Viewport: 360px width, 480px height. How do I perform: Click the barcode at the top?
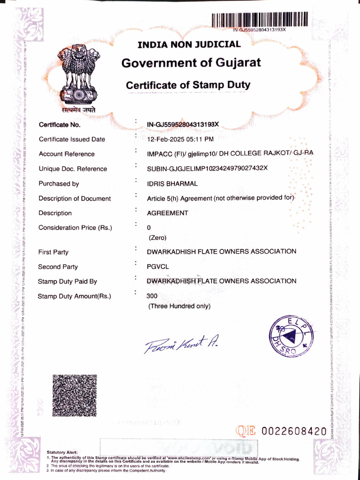click(x=260, y=20)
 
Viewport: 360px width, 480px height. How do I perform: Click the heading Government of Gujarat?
click(x=191, y=63)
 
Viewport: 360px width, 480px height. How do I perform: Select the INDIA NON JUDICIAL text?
click(x=189, y=45)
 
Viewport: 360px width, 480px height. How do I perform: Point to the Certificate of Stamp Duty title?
click(x=188, y=85)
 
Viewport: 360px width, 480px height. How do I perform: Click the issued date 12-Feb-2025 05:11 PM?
click(x=180, y=139)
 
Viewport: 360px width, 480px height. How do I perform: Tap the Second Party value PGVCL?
click(x=157, y=267)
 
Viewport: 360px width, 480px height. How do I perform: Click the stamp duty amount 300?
click(x=152, y=296)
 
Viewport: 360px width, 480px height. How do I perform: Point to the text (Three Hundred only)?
click(x=180, y=307)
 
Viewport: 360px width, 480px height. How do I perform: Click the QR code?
click(x=74, y=396)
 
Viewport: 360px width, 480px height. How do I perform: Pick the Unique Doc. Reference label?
click(x=73, y=169)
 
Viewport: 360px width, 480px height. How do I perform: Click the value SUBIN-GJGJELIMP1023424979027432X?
click(x=207, y=168)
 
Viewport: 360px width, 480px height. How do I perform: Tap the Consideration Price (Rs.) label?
click(x=75, y=228)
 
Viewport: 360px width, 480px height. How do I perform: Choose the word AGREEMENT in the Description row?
click(x=168, y=213)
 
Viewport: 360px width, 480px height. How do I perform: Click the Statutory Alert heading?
click(x=62, y=452)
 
